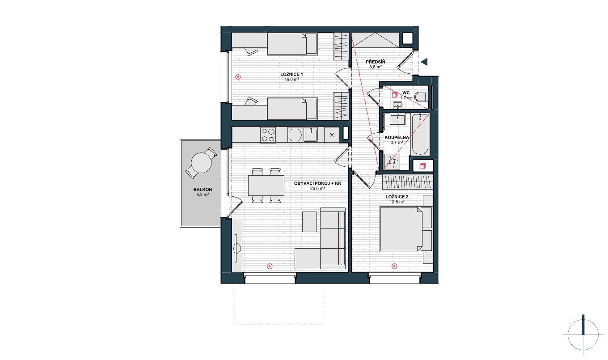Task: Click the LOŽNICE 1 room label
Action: (291, 74)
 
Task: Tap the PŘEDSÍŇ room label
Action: (376, 62)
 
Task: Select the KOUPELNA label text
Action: (397, 137)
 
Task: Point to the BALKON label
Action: (203, 190)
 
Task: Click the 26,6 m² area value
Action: (317, 188)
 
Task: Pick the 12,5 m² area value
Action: (397, 202)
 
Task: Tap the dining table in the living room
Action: (266, 186)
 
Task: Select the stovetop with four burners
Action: (268, 135)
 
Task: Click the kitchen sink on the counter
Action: (311, 135)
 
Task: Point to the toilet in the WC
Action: (422, 97)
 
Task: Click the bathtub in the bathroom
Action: (420, 135)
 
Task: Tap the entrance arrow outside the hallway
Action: (424, 62)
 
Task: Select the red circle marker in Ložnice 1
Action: (238, 77)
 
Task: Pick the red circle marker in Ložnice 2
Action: (395, 267)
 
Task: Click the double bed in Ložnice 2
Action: (406, 229)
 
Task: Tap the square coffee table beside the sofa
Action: (309, 222)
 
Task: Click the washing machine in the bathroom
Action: (392, 162)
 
